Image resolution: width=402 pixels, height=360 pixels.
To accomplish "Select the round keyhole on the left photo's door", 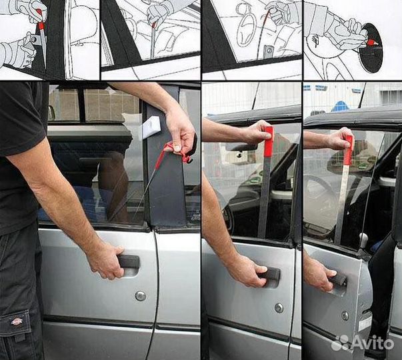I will [x=139, y=295].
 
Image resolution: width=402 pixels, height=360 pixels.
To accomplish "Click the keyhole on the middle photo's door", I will [x=279, y=308].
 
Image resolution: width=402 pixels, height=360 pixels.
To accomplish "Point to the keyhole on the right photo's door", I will [x=345, y=315].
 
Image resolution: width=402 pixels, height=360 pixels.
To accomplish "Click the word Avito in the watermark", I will [x=374, y=342].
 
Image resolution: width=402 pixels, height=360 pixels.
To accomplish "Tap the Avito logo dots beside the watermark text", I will [x=341, y=342].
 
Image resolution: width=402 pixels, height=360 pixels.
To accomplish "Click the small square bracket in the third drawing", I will [x=268, y=51].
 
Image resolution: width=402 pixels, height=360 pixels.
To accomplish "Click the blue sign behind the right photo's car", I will [x=341, y=106].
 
